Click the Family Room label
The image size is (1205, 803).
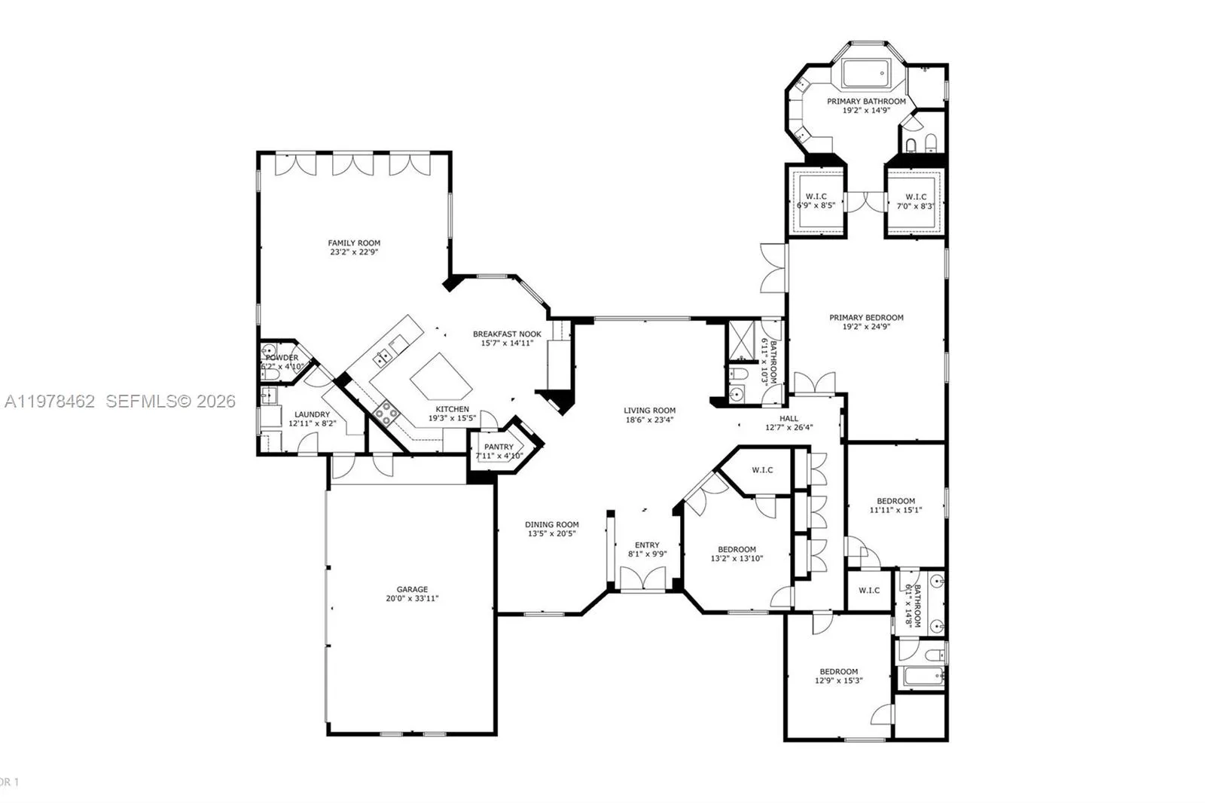click(x=354, y=243)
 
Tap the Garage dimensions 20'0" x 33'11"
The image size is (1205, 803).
click(x=412, y=599)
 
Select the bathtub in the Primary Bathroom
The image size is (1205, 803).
click(x=866, y=74)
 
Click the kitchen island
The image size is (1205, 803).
click(x=441, y=377)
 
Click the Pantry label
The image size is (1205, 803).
click(x=499, y=447)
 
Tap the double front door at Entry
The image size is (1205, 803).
click(x=642, y=579)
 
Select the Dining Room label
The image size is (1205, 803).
click(x=552, y=524)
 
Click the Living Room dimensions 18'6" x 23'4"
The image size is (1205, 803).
click(x=648, y=420)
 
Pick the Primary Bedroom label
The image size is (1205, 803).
click(x=866, y=317)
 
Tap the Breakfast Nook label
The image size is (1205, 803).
click(x=507, y=334)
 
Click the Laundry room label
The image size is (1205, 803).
click(x=312, y=414)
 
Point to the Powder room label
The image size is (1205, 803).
click(x=282, y=358)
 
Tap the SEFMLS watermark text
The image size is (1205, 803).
click(x=170, y=401)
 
